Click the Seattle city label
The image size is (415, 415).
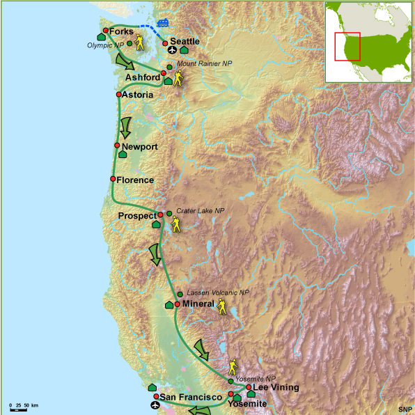[185, 42]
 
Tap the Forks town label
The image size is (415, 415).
[122, 31]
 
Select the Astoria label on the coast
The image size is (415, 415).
[137, 95]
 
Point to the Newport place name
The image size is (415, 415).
[139, 147]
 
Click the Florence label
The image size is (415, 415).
[135, 180]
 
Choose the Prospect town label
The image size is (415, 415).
[137, 216]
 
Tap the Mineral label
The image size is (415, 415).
[198, 304]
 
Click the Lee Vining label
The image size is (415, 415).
[276, 387]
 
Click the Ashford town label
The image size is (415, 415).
[143, 77]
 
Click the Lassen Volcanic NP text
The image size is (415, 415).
[217, 293]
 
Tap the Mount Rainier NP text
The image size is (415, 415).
[205, 63]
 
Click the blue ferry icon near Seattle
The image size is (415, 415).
[163, 22]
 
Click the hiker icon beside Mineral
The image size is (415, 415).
[222, 307]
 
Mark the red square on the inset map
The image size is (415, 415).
[347, 47]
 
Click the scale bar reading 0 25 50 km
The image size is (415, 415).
[23, 406]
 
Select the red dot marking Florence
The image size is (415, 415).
[113, 179]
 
